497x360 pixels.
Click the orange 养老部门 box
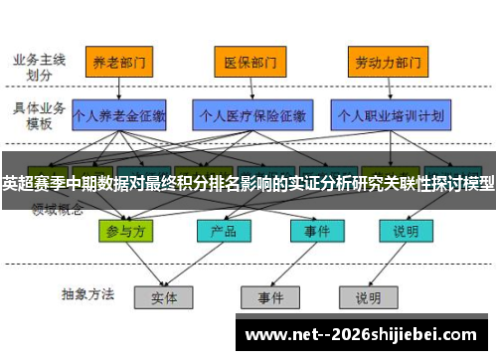120,62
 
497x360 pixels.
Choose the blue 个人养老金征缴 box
119,115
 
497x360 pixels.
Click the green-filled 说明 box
406,231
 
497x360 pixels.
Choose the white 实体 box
165,296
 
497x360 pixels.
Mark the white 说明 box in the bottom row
368,296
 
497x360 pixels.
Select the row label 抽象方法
87,294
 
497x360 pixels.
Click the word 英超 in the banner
17,184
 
